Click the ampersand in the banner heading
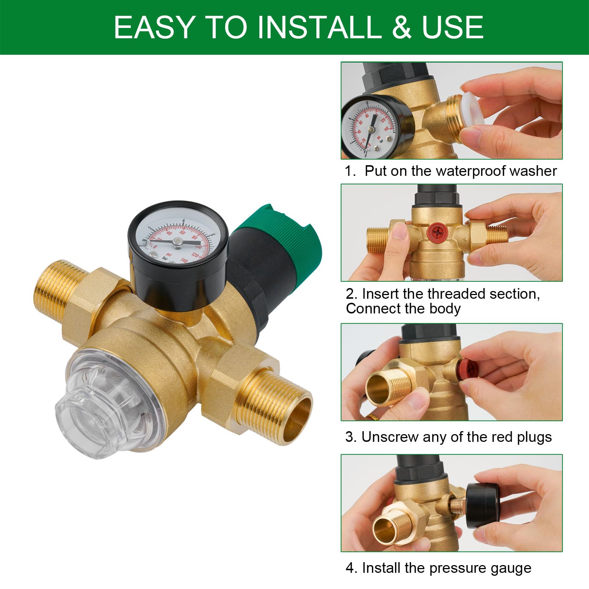tap(401, 27)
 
